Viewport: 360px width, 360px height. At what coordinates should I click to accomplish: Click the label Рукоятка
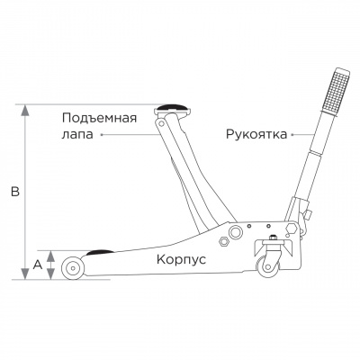point(256,135)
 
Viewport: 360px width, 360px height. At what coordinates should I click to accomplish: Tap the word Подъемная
point(99,119)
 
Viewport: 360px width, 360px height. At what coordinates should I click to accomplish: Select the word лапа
point(77,135)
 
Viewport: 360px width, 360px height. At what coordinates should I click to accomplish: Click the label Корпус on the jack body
point(181,260)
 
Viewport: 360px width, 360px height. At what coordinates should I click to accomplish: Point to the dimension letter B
point(15,192)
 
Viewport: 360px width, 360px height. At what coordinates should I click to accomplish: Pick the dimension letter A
point(37,265)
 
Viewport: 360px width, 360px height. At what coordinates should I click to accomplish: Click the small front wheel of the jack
point(73,267)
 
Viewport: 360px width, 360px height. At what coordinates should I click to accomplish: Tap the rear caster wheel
point(267,267)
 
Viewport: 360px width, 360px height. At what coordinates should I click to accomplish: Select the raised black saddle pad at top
point(172,107)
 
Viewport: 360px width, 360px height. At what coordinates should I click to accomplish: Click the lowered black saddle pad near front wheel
point(100,252)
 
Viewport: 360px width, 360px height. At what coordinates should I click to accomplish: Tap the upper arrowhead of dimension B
point(25,110)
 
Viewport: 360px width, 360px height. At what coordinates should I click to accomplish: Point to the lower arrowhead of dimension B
point(25,274)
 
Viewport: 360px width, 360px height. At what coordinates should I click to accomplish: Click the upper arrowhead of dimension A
point(51,256)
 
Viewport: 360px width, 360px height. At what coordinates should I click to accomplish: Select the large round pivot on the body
point(235,232)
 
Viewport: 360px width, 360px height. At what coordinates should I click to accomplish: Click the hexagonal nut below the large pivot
point(224,241)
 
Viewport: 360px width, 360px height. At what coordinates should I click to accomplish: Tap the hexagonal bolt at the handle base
point(292,228)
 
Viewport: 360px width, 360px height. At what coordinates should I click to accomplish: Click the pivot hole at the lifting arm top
point(161,123)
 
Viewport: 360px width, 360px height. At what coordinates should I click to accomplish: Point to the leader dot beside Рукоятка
point(292,135)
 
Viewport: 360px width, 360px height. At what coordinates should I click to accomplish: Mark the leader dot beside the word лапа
point(102,135)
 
